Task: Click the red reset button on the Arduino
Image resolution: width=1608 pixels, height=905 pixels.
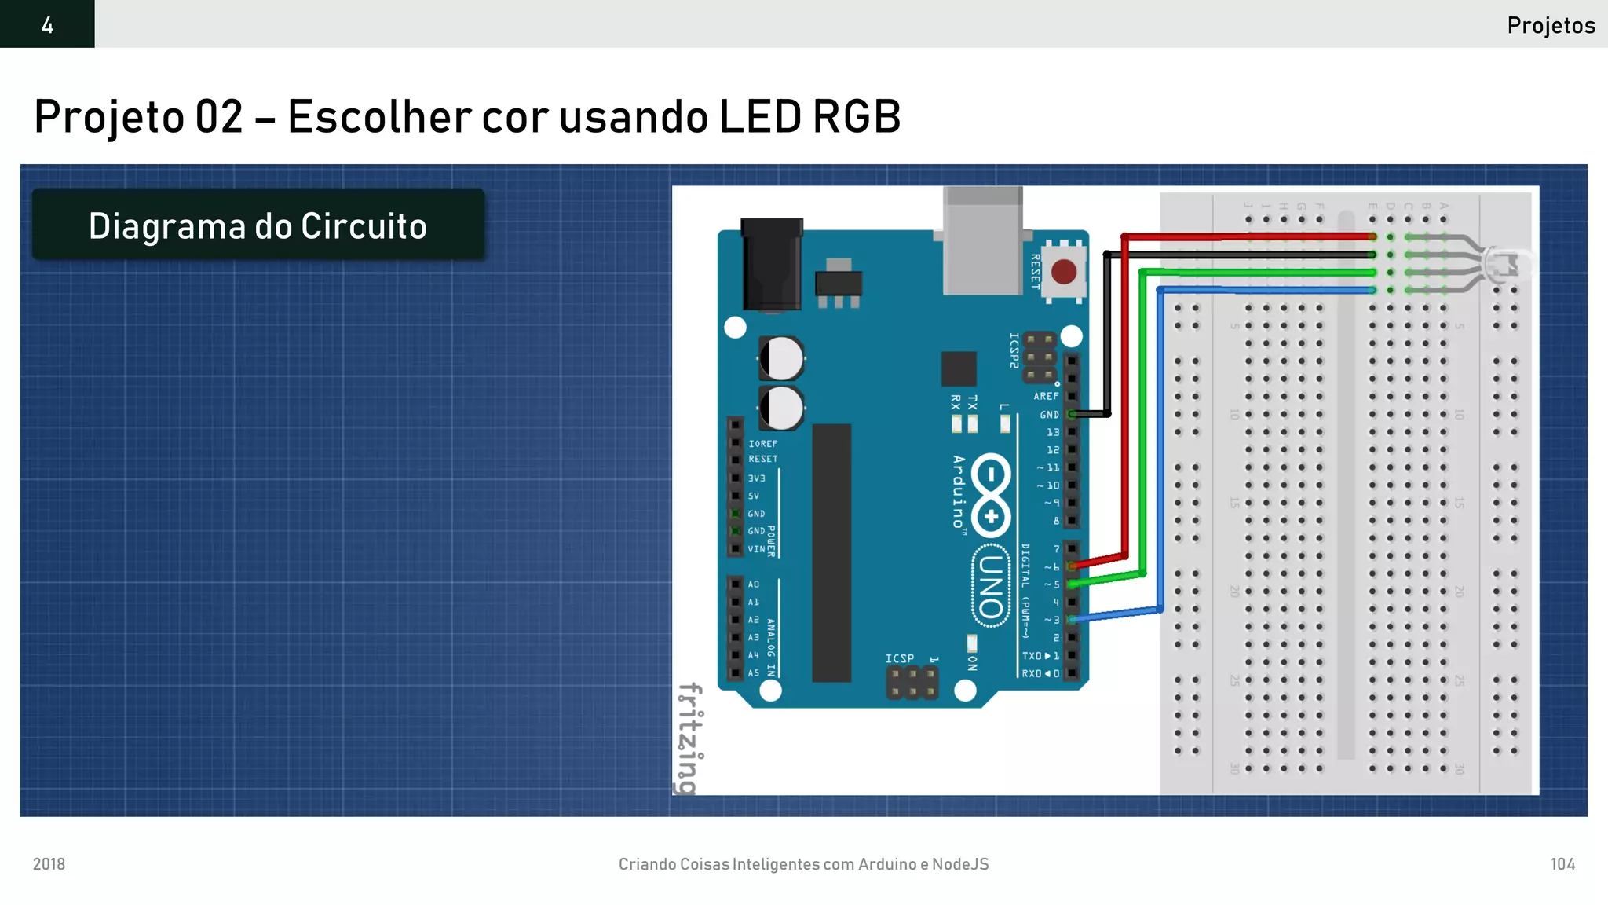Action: pyautogui.click(x=1063, y=273)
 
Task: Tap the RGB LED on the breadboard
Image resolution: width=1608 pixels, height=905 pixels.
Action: pyautogui.click(x=1506, y=263)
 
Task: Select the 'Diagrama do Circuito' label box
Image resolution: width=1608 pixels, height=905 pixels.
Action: pyautogui.click(x=258, y=225)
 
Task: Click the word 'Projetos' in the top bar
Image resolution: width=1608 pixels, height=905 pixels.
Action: pyautogui.click(x=1551, y=25)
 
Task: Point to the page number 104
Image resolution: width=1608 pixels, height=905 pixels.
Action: pyautogui.click(x=1562, y=864)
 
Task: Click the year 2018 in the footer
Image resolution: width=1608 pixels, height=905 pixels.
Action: pyautogui.click(x=49, y=864)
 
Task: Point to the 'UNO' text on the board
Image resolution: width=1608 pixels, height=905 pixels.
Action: pyautogui.click(x=991, y=586)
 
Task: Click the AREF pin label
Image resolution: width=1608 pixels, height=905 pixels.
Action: pyautogui.click(x=1046, y=396)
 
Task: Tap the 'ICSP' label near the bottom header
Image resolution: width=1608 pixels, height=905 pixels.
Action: pyautogui.click(x=900, y=658)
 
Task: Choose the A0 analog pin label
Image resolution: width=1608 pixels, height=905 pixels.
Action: pyautogui.click(x=754, y=584)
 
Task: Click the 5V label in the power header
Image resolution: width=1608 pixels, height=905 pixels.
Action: pyautogui.click(x=754, y=496)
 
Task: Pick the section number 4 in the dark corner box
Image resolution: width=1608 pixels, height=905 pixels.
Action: pyautogui.click(x=47, y=25)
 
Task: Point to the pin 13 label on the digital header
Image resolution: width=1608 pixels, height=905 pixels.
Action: pyautogui.click(x=1053, y=432)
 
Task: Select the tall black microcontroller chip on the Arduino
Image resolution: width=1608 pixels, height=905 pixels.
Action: pyautogui.click(x=831, y=552)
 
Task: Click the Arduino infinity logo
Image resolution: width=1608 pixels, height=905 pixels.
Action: pyautogui.click(x=991, y=495)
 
